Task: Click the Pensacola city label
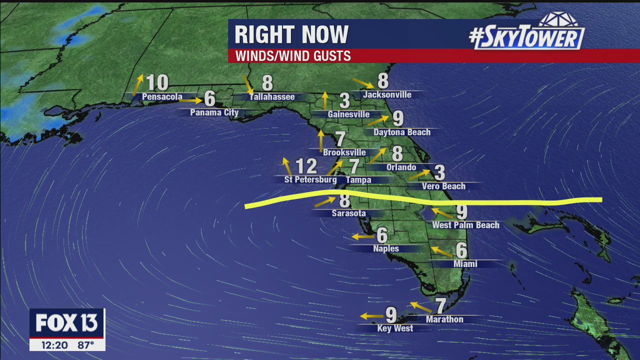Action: click(x=162, y=97)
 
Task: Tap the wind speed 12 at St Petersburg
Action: click(x=306, y=166)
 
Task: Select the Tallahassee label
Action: click(x=272, y=97)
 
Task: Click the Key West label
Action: click(x=395, y=328)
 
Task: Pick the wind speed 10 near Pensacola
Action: click(x=157, y=82)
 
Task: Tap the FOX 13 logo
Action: click(x=66, y=323)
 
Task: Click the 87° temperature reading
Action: click(x=85, y=345)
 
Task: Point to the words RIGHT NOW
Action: click(x=291, y=35)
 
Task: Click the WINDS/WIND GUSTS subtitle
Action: click(x=293, y=56)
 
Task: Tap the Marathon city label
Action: click(x=444, y=319)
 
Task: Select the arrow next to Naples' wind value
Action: click(x=362, y=236)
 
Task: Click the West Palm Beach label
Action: click(x=465, y=225)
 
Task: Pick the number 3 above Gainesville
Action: click(x=344, y=101)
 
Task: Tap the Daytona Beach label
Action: click(x=402, y=132)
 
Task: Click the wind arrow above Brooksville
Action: click(x=321, y=140)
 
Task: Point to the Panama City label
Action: click(x=214, y=112)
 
